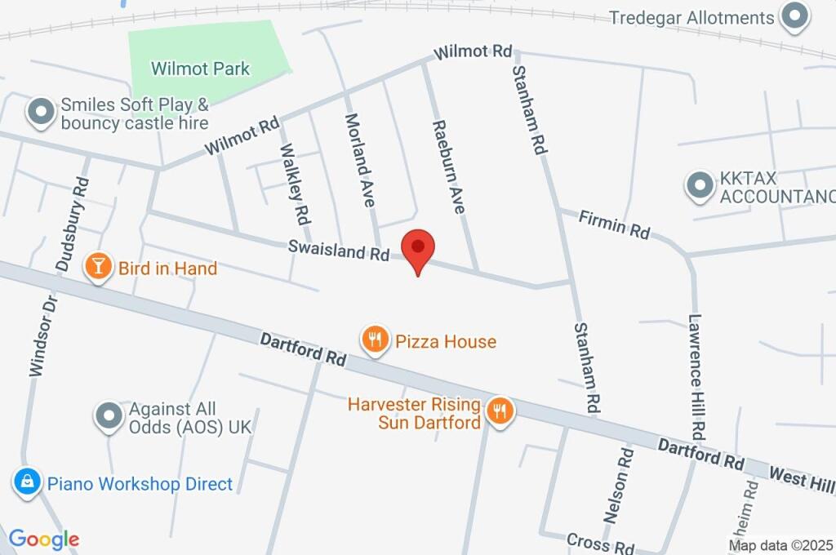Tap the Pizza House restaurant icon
click(375, 340)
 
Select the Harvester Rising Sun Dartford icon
click(500, 413)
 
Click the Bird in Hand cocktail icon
click(98, 267)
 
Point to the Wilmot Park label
click(200, 69)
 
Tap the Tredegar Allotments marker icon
click(794, 16)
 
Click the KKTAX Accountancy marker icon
click(699, 186)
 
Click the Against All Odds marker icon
click(109, 417)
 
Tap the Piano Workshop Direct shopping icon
click(27, 482)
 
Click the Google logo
click(43, 539)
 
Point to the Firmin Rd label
click(614, 224)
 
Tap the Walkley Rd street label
click(295, 184)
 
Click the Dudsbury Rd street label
click(72, 223)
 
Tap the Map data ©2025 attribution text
click(781, 545)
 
